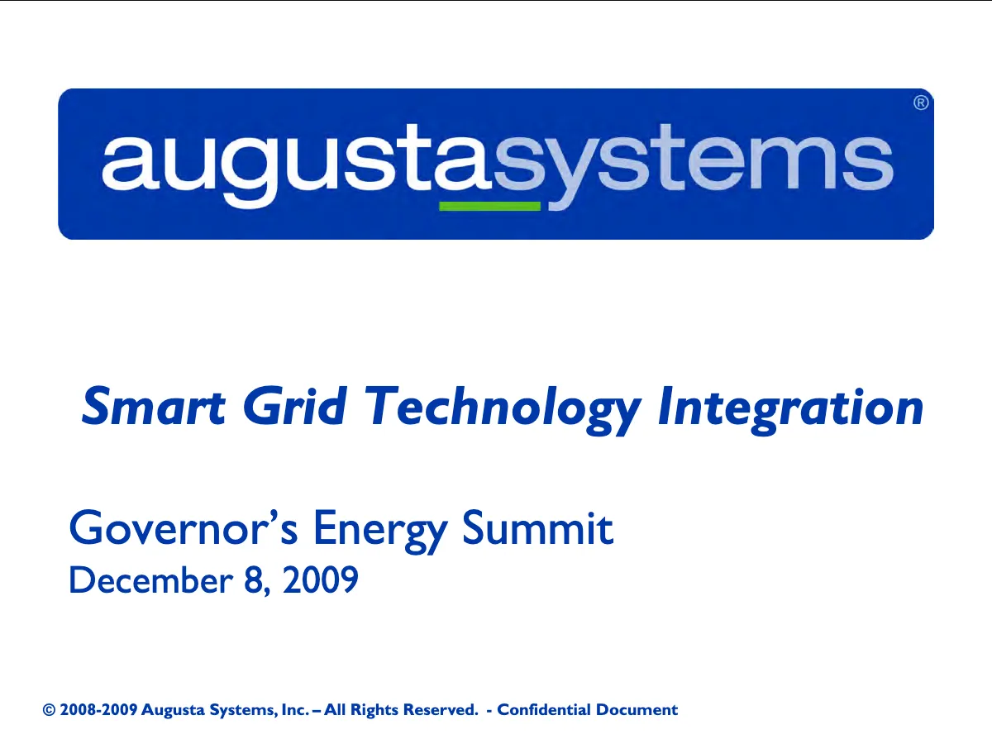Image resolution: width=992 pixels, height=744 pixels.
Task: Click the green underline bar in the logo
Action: coord(489,206)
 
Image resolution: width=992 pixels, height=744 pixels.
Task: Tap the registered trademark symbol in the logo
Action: coord(921,103)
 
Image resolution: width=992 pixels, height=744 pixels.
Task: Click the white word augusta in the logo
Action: coord(297,165)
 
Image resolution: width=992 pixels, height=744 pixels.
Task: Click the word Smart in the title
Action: coord(153,406)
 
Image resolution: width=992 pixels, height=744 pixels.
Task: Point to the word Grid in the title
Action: coord(294,405)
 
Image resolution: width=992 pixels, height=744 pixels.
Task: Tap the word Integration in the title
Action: coord(790,410)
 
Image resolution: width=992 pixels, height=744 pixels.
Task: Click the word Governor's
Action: coord(184,527)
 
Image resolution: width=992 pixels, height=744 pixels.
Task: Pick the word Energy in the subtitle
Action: coord(380,532)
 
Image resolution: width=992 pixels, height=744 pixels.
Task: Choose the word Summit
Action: coord(537,527)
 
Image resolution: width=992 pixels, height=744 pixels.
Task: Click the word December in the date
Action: coord(151,579)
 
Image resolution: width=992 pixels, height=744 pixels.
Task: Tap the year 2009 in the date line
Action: coord(321,579)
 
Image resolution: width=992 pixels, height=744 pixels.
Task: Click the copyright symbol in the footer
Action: coord(49,709)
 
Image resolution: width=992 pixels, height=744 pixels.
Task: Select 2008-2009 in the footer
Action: coord(98,709)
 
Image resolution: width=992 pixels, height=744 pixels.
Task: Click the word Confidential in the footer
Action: coord(544,709)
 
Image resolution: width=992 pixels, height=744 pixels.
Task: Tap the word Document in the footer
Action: coord(637,709)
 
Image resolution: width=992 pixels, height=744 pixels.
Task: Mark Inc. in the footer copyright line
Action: coord(295,709)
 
